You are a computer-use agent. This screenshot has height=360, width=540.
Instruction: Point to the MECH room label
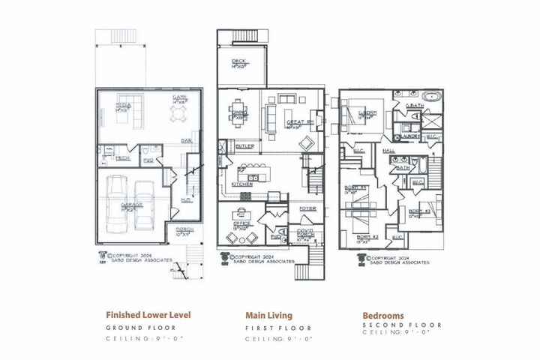tap(121, 157)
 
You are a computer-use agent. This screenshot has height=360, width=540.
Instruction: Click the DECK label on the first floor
tap(239, 62)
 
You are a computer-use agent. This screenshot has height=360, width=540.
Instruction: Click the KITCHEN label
tap(241, 183)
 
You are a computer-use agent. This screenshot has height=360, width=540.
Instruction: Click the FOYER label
tap(307, 208)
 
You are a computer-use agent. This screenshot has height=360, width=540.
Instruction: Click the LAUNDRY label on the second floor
tap(409, 136)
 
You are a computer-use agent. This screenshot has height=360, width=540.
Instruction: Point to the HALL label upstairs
tap(388, 150)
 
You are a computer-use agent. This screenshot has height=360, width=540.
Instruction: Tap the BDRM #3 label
tap(418, 212)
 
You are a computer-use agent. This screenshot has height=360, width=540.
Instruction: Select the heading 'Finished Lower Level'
tap(146, 316)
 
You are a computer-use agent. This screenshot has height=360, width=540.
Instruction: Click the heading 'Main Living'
tap(268, 316)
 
